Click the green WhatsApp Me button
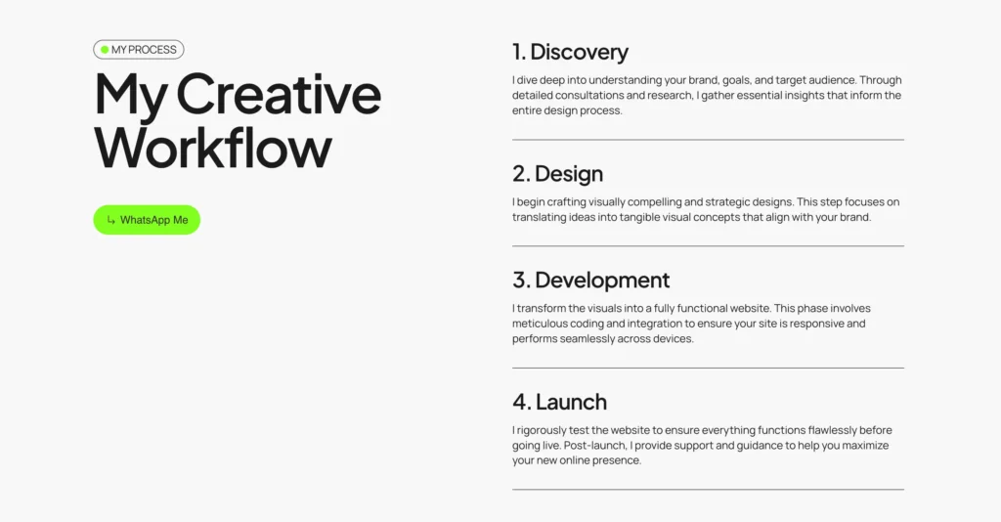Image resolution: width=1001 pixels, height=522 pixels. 147,220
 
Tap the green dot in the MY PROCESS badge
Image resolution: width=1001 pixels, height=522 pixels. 105,50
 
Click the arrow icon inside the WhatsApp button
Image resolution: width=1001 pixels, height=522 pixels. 111,220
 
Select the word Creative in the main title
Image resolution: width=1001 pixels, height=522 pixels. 279,95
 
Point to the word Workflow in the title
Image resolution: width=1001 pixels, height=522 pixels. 213,148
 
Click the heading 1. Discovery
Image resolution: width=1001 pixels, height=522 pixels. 570,52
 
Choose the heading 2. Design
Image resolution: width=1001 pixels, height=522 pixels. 557,174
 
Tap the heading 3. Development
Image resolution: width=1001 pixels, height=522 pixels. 590,280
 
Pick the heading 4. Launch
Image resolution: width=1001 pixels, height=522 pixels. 559,402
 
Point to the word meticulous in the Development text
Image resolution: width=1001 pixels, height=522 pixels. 540,324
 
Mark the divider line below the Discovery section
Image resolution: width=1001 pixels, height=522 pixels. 708,140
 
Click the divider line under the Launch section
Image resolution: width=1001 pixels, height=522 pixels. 708,490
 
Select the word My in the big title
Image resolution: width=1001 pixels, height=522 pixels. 131,96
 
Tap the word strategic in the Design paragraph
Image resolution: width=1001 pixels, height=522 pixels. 706,202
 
